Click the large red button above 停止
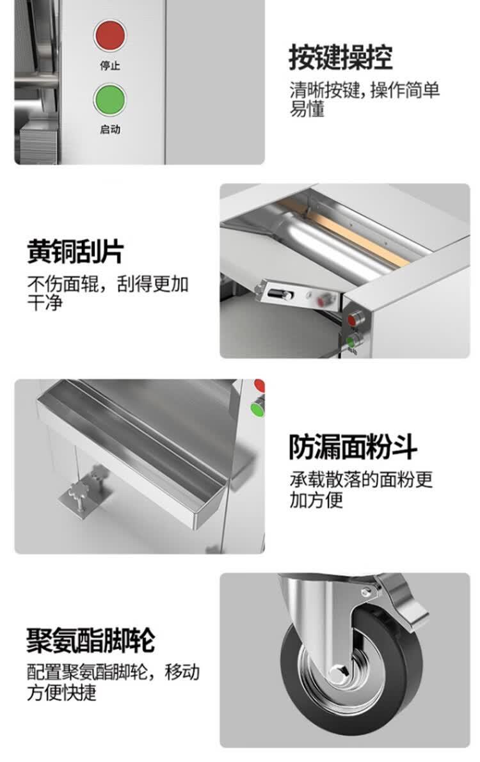110,35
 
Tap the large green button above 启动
110,100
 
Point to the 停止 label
110,66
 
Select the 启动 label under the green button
110,129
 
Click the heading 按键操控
340,58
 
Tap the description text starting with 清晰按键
364,99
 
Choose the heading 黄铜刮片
76,251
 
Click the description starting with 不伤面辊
108,292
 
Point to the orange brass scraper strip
346,232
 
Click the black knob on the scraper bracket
280,294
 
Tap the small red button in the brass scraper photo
354,319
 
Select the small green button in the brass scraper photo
352,341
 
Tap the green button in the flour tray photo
257,408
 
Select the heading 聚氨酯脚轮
91,640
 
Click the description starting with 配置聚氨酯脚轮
113,682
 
